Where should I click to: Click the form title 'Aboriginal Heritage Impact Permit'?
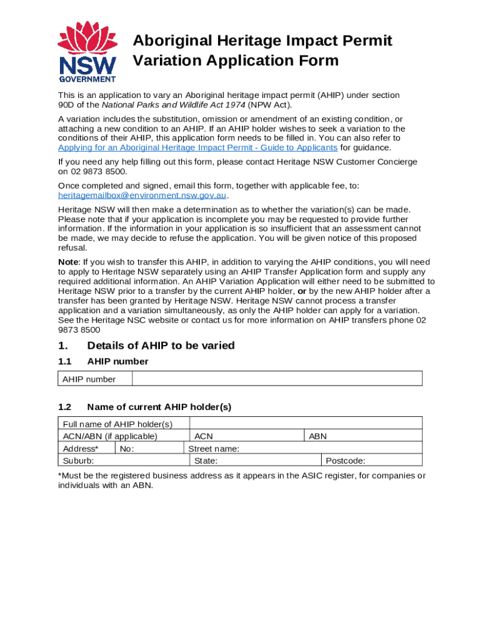[x=262, y=41]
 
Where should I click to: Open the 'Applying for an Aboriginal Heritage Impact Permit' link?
[x=197, y=148]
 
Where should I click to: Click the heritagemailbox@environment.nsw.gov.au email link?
[x=142, y=195]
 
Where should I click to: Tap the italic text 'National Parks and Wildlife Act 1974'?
[x=173, y=105]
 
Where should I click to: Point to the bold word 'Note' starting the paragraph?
[x=69, y=262]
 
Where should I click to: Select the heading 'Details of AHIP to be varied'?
[x=161, y=346]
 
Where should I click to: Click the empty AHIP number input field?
[x=277, y=379]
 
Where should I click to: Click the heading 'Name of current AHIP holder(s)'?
[x=159, y=407]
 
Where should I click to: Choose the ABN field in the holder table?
[x=362, y=436]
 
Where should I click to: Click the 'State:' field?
[x=255, y=461]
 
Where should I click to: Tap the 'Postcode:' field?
[x=371, y=461]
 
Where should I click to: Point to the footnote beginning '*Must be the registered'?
[x=241, y=480]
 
